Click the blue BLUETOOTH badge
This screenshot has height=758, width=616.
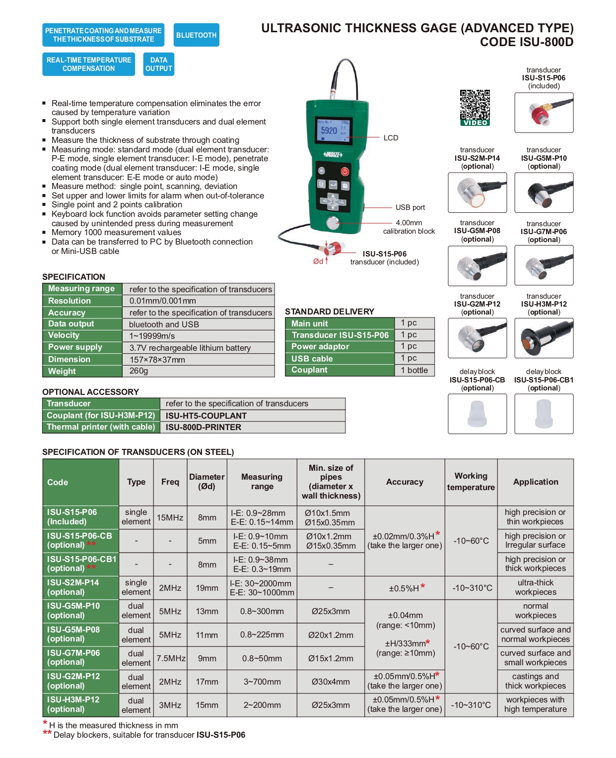(196, 35)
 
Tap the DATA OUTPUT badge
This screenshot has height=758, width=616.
(159, 64)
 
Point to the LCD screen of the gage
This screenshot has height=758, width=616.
(333, 130)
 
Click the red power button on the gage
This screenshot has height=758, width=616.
(344, 171)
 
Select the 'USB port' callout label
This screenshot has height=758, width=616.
(410, 207)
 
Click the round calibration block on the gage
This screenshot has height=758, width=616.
(333, 223)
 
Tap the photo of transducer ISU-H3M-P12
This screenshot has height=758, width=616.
(544, 338)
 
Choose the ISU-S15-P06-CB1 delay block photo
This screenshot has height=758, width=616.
(544, 414)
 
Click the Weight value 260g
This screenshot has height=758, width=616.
(139, 371)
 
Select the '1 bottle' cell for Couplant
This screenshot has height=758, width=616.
(414, 370)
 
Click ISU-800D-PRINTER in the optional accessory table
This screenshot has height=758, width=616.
(204, 427)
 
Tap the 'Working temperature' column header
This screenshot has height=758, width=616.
(471, 482)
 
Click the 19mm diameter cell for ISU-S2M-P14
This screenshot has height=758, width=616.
(207, 588)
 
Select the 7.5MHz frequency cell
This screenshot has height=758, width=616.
(171, 658)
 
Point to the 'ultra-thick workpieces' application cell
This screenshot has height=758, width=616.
(535, 587)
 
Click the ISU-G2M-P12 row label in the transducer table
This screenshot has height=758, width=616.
(73, 681)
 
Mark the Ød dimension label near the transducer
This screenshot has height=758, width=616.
(318, 261)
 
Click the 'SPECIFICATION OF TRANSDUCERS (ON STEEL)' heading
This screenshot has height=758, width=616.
(138, 452)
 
